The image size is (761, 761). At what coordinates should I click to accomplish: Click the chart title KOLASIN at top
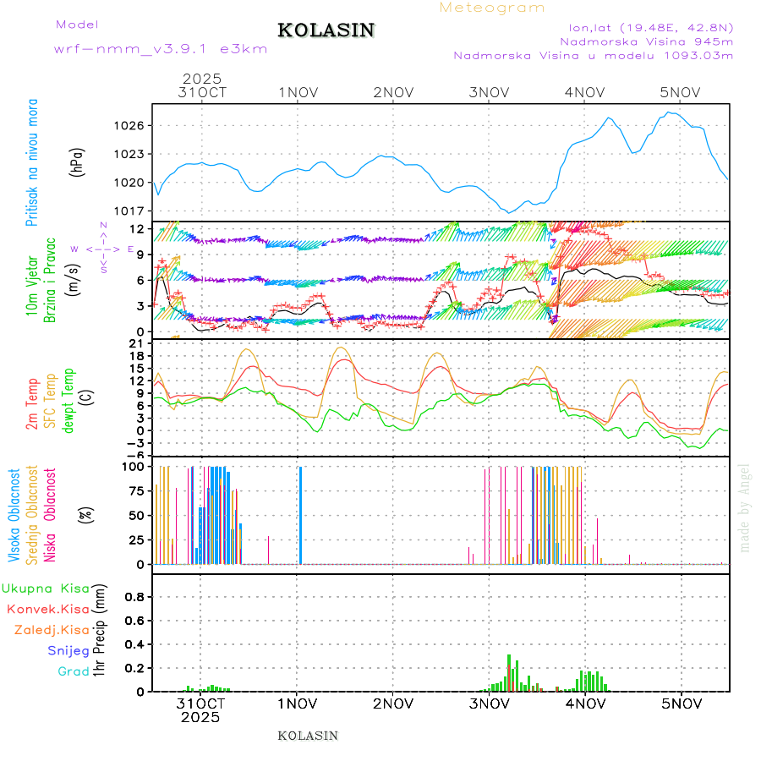(326, 30)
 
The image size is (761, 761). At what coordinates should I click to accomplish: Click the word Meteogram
(492, 8)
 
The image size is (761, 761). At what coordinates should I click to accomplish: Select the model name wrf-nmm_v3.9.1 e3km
(161, 49)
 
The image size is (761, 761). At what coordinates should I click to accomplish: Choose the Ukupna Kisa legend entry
(47, 588)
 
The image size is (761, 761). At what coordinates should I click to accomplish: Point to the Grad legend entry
(74, 671)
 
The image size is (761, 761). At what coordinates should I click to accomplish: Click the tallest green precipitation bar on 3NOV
(509, 672)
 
